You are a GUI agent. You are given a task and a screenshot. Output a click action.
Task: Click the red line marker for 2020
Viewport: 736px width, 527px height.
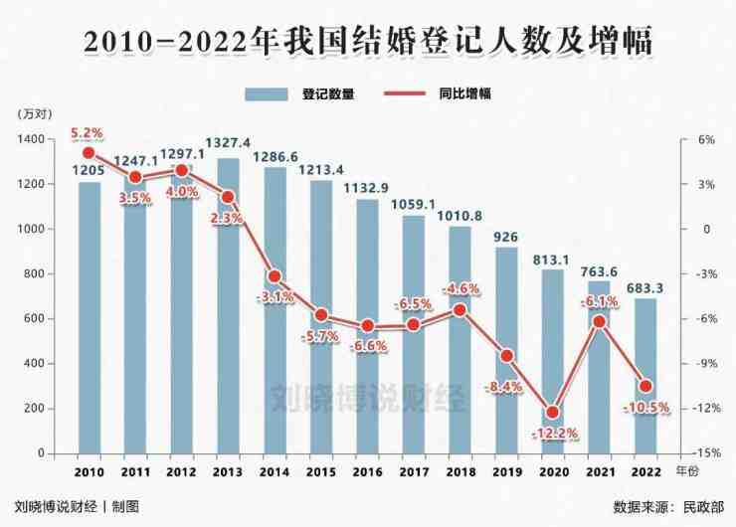553,413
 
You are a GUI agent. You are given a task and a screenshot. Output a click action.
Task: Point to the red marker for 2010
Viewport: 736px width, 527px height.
89,153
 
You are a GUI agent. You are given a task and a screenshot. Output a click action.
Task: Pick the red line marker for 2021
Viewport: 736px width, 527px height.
599,321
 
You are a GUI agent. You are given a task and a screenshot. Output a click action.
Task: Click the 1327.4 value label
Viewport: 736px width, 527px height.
227,143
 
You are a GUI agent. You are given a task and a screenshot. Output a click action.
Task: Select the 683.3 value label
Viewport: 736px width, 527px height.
646,288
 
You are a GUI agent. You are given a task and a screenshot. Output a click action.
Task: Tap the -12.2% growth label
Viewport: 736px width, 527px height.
553,434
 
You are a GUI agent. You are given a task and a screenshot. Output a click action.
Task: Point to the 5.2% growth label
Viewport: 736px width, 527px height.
88,133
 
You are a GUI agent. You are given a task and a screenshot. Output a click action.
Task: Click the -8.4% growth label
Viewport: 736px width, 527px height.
505,387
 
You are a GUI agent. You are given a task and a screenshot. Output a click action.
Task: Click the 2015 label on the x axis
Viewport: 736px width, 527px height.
320,471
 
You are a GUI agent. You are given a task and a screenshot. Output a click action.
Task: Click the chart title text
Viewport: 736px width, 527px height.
368,42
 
